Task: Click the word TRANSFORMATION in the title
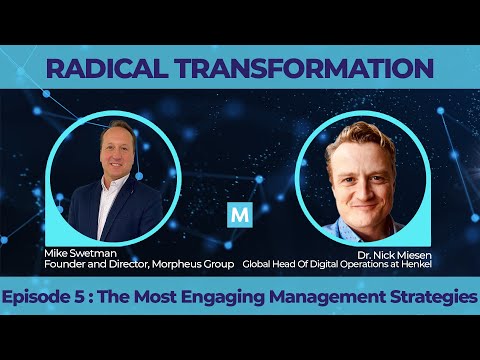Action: point(300,70)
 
